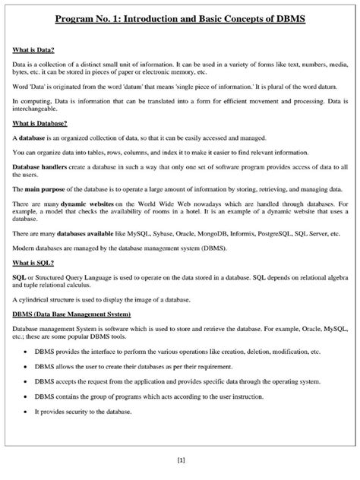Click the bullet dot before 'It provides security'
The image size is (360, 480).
point(27,411)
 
